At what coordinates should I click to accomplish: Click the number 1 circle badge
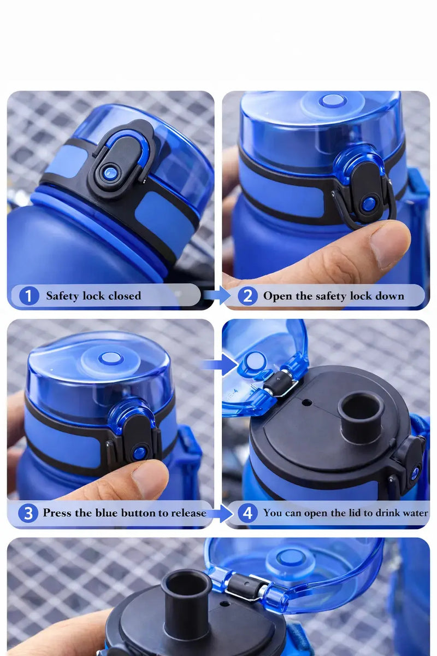(29, 296)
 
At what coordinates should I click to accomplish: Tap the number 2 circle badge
(247, 296)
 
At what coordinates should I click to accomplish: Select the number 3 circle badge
(27, 513)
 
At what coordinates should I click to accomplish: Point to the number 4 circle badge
(247, 513)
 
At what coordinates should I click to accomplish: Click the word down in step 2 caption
(391, 296)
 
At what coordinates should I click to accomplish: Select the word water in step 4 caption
(414, 513)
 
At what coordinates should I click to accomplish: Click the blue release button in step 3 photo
(140, 452)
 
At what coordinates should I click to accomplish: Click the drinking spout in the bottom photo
(186, 601)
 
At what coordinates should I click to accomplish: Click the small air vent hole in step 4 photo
(307, 403)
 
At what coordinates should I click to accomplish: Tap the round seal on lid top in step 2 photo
(332, 101)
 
